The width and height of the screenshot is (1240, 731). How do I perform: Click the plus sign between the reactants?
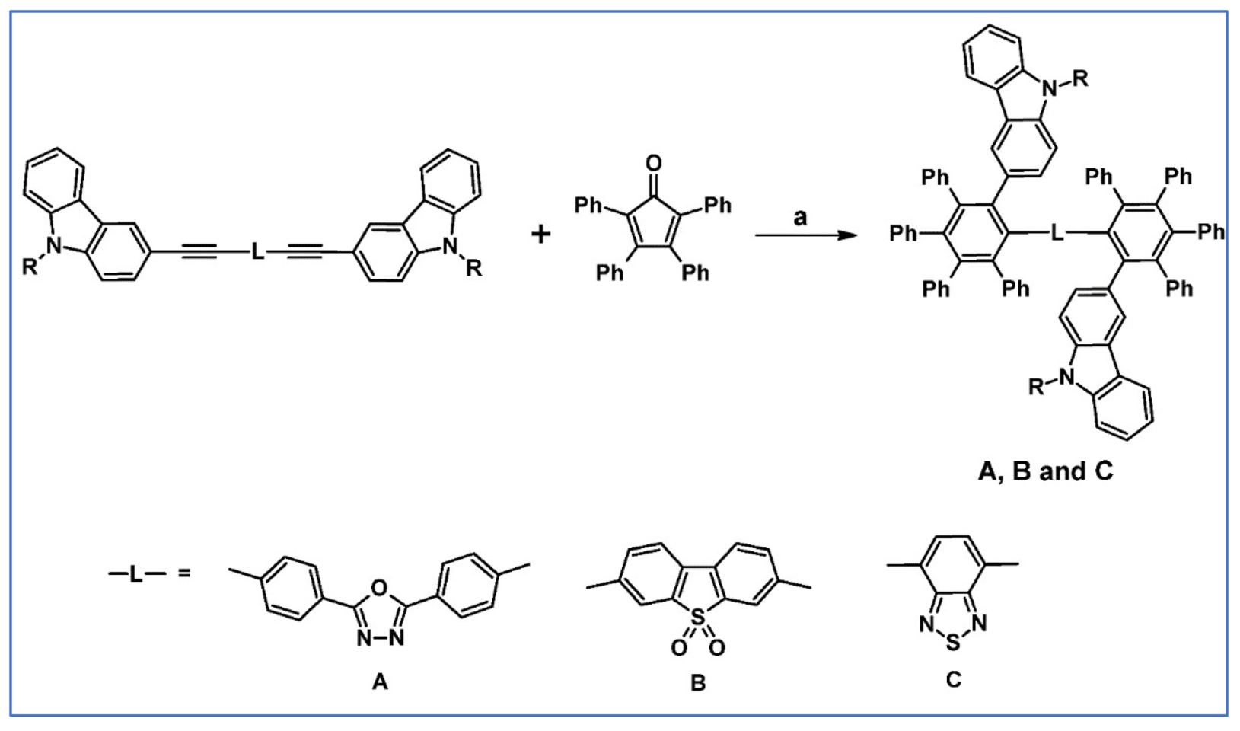540,234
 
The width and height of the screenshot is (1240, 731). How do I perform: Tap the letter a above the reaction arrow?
800,218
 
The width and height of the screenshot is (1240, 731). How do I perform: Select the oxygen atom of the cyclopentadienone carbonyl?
653,163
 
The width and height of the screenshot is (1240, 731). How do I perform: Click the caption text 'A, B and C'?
1045,471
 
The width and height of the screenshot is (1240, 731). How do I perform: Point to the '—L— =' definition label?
149,573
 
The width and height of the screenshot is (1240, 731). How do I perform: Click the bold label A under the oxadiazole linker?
379,682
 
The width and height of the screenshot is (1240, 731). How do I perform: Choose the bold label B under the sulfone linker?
697,683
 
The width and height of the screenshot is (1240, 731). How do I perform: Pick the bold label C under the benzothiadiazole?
953,678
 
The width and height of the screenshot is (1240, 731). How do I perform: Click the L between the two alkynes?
258,251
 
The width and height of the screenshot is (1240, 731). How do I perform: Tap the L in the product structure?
1057,233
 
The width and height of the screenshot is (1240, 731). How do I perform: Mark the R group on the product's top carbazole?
1080,79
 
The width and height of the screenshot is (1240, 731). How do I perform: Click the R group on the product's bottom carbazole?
1037,387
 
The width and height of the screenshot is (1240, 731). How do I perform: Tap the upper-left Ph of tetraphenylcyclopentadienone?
588,205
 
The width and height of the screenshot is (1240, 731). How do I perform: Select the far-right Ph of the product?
1211,231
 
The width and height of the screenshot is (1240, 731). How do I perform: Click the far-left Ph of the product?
904,233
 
